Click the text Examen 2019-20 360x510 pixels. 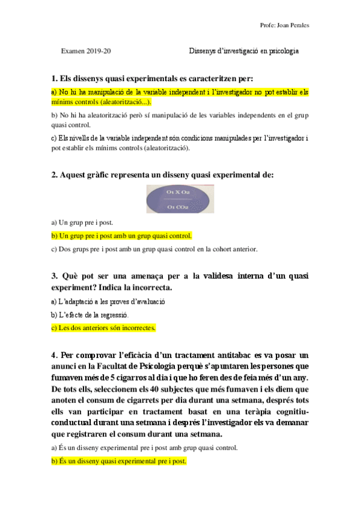point(86,51)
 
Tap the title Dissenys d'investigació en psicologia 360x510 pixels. point(243,51)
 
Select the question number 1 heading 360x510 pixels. point(153,79)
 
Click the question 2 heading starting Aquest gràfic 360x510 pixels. point(162,175)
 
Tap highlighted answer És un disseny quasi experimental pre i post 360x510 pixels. point(119,461)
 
